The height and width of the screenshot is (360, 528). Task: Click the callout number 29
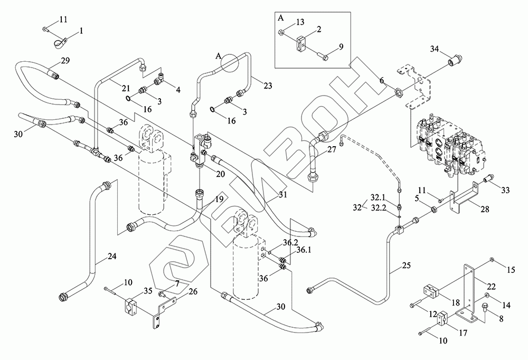[x=65, y=62]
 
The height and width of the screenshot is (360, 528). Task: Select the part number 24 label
[x=111, y=256]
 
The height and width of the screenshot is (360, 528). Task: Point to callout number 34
[x=435, y=50]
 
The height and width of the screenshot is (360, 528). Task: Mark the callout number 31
[x=284, y=195]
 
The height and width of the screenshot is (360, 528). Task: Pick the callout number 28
[x=485, y=210]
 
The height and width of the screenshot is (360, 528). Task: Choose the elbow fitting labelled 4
[x=159, y=80]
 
